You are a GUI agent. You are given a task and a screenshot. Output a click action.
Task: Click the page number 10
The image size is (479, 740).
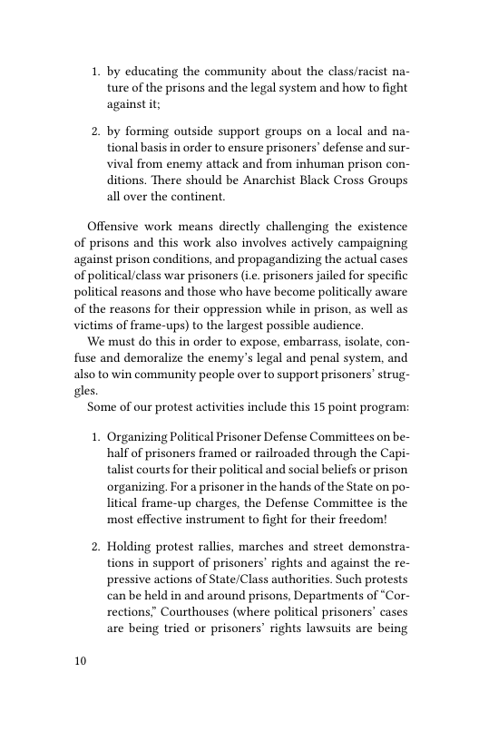tap(79, 660)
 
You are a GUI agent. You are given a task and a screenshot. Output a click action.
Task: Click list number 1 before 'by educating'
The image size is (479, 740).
tap(94, 72)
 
